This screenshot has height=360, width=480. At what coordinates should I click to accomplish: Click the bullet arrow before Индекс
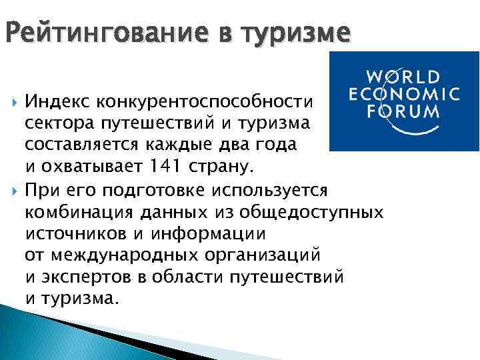coord(13,103)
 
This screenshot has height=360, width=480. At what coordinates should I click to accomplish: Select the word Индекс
coord(57,103)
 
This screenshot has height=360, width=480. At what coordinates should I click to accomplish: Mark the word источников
coord(71,233)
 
